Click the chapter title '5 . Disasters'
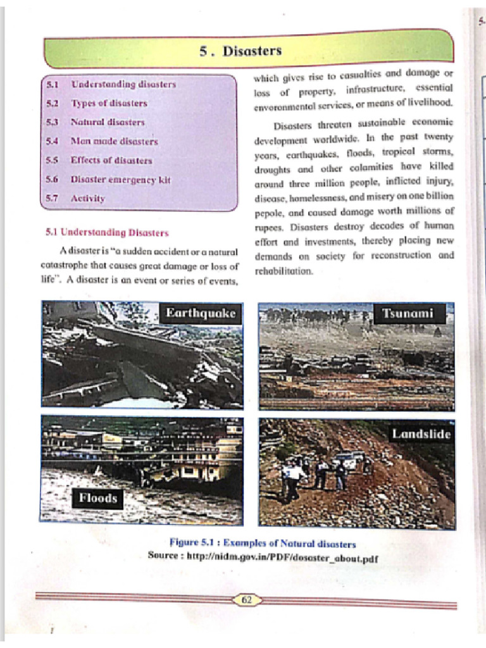[240, 51]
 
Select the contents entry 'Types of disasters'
[109, 103]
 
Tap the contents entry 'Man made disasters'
[114, 141]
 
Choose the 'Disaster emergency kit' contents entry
[120, 179]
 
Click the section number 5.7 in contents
[52, 198]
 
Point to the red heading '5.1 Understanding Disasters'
[107, 232]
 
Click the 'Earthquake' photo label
[201, 313]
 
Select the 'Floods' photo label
[98, 498]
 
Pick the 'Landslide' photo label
[420, 434]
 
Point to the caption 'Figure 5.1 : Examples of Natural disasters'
[263, 544]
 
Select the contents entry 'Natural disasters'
[108, 122]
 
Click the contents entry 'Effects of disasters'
[111, 160]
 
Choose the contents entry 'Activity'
[88, 198]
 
